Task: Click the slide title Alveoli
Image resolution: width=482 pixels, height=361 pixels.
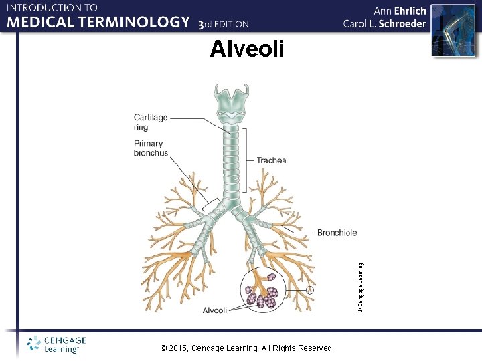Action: [247, 49]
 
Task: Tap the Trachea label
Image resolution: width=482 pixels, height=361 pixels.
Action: [271, 160]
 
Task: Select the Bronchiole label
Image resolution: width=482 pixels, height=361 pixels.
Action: [337, 233]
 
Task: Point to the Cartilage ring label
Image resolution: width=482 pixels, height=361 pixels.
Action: [151, 122]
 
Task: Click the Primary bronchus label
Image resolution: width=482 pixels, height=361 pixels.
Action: [151, 148]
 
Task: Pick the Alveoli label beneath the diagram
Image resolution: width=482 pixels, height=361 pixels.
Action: [215, 310]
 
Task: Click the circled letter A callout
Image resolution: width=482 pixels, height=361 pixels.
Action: [310, 290]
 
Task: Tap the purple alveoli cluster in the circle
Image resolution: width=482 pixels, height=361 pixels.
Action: [264, 295]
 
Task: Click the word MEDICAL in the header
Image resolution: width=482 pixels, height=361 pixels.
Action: [38, 22]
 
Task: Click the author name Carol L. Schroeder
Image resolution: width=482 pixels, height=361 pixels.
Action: [384, 23]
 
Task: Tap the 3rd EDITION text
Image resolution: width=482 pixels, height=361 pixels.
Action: [224, 24]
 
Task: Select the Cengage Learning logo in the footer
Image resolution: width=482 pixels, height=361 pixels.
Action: [56, 344]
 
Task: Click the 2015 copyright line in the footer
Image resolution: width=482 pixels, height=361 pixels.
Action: [248, 348]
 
